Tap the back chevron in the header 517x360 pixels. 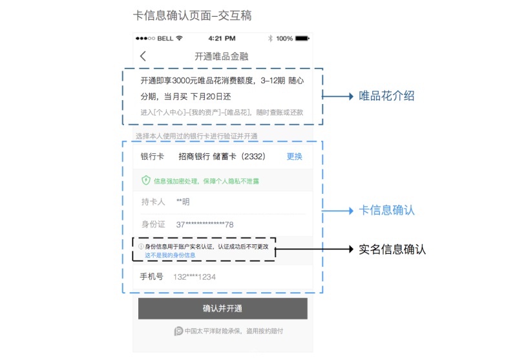click(143, 56)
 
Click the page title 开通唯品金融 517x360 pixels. click(221, 56)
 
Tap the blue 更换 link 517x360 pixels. click(295, 156)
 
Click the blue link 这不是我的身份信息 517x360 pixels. click(170, 255)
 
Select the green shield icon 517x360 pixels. click(146, 180)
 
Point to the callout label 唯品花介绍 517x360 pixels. click(386, 96)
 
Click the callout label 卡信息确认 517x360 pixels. click(386, 210)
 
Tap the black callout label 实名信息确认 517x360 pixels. click(392, 249)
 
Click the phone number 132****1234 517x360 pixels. click(195, 277)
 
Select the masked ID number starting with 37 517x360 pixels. click(205, 224)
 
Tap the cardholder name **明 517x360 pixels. click(183, 202)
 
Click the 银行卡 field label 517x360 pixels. click(152, 156)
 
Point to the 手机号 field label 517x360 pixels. click(151, 277)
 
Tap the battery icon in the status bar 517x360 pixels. click(302, 38)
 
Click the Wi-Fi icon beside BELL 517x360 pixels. click(179, 38)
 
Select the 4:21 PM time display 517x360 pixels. click(222, 38)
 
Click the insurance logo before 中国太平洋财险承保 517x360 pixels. click(178, 331)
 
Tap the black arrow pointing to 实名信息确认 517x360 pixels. click(314, 249)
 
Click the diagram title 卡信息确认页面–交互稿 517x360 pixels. click(192, 16)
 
